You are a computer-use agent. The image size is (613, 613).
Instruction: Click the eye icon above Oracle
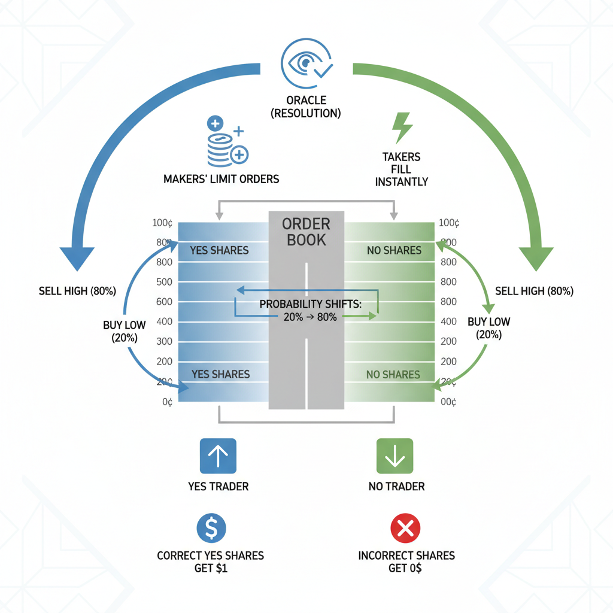point(306,64)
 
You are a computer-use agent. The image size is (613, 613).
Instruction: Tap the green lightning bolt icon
point(401,127)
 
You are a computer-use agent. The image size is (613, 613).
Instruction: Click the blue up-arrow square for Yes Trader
point(217,456)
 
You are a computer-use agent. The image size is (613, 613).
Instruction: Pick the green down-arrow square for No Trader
point(395,456)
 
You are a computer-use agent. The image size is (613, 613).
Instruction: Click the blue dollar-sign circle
point(211,527)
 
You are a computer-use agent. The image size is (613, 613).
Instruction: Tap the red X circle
point(405,527)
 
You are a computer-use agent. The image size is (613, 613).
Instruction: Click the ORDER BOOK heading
point(306,232)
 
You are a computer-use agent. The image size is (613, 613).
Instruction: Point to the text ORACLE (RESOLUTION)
point(306,106)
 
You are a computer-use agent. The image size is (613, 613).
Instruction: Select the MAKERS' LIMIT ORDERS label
point(221,178)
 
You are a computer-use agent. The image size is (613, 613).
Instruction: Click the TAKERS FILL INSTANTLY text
point(401,169)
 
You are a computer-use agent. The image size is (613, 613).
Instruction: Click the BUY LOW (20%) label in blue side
point(124,330)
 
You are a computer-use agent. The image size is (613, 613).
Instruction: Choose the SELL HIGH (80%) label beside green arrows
point(534,292)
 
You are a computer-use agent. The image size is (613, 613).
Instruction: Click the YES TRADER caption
point(218,486)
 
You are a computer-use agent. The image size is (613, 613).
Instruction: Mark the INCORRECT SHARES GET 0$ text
point(406,562)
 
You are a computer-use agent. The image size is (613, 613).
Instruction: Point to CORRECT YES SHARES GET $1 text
point(210,562)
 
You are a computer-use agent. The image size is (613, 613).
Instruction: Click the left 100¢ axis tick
point(163,223)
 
